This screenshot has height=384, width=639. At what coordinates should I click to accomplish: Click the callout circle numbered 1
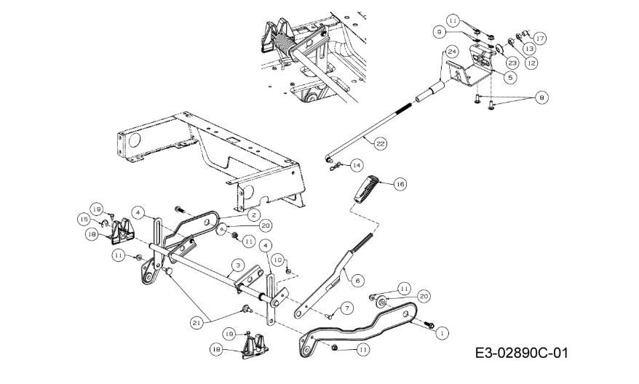click(442, 332)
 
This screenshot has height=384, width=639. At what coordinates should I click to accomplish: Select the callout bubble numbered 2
click(253, 215)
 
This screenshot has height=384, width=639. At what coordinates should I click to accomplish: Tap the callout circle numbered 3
click(238, 265)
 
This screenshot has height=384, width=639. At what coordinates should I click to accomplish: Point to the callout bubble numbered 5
click(510, 76)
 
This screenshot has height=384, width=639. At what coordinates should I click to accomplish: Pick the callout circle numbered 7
click(347, 308)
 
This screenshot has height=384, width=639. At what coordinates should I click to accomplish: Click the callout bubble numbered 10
click(277, 260)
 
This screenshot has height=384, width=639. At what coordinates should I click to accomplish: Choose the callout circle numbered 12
click(531, 63)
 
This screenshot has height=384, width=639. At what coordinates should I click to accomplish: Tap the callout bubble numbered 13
click(529, 49)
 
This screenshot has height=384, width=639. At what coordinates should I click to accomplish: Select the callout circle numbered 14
click(357, 165)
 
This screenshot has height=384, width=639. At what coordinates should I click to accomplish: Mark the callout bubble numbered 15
click(84, 220)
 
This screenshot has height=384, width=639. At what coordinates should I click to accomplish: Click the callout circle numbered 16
click(400, 185)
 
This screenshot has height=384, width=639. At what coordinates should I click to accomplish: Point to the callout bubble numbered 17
click(539, 39)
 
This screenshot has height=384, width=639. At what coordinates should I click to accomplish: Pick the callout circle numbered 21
click(197, 322)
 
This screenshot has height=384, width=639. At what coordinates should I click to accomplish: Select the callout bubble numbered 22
click(380, 144)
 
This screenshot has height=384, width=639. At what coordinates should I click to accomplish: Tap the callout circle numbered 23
click(512, 63)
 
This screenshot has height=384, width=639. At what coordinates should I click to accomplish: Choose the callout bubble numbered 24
click(452, 52)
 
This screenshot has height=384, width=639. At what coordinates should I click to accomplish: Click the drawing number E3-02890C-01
click(521, 353)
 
